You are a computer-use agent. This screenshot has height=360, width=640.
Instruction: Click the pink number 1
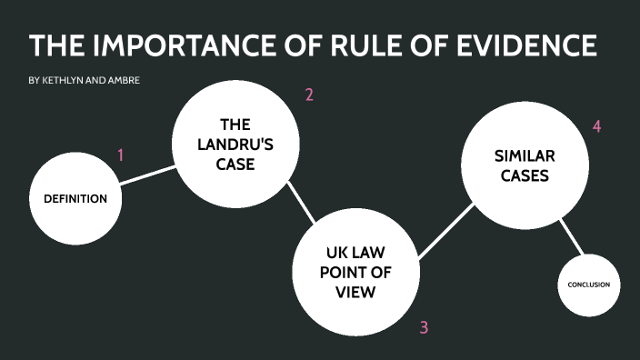120,155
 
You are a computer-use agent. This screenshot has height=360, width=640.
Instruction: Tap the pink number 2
309,95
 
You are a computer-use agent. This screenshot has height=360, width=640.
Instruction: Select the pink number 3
424,327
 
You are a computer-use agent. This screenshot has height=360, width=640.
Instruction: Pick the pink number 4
596,126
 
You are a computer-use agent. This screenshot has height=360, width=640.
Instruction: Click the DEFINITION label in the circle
75,199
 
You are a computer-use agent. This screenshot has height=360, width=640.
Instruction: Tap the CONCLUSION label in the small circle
588,285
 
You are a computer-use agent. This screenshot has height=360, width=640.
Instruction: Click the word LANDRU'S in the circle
235,145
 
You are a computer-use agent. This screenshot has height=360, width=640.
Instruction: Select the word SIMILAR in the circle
521,156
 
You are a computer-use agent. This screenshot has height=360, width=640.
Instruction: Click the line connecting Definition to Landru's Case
147,175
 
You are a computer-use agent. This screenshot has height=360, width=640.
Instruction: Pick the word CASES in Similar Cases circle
521,176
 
